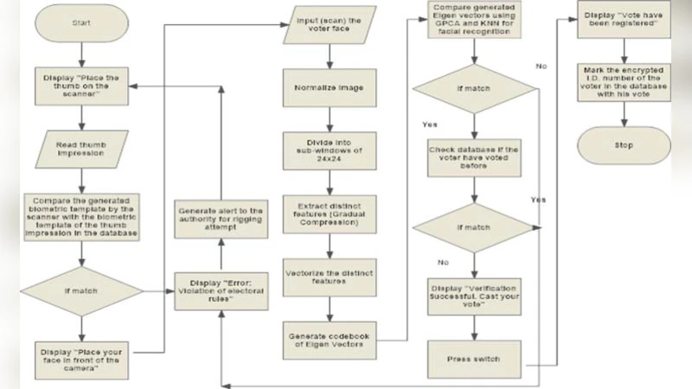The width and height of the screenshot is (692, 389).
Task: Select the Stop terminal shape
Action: point(623,144)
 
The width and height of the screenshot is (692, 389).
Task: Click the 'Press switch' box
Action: point(472,357)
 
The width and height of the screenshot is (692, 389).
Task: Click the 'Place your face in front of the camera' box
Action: point(79,357)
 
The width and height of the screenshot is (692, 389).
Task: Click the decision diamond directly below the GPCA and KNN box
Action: point(472,89)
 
